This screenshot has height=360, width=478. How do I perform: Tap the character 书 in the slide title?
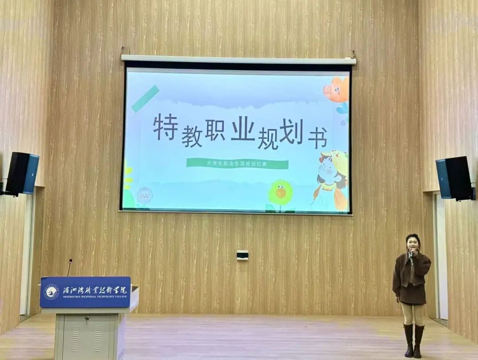pos(317,138)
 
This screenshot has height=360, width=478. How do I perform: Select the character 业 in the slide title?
pos(243,130)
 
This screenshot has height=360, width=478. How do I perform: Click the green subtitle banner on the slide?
pos(237,164)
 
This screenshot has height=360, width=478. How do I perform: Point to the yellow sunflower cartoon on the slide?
pos(281,193)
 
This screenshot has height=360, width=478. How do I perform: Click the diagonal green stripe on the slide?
pos(145,98)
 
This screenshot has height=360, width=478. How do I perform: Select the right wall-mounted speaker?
pos(454,178)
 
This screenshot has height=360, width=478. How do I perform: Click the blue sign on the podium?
pos(85,292)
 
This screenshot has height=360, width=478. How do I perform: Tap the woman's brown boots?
pos(413,341)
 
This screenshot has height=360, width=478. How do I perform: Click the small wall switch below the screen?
pos(242,255)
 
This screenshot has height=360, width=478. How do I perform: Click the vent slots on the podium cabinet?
pos(86,339)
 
